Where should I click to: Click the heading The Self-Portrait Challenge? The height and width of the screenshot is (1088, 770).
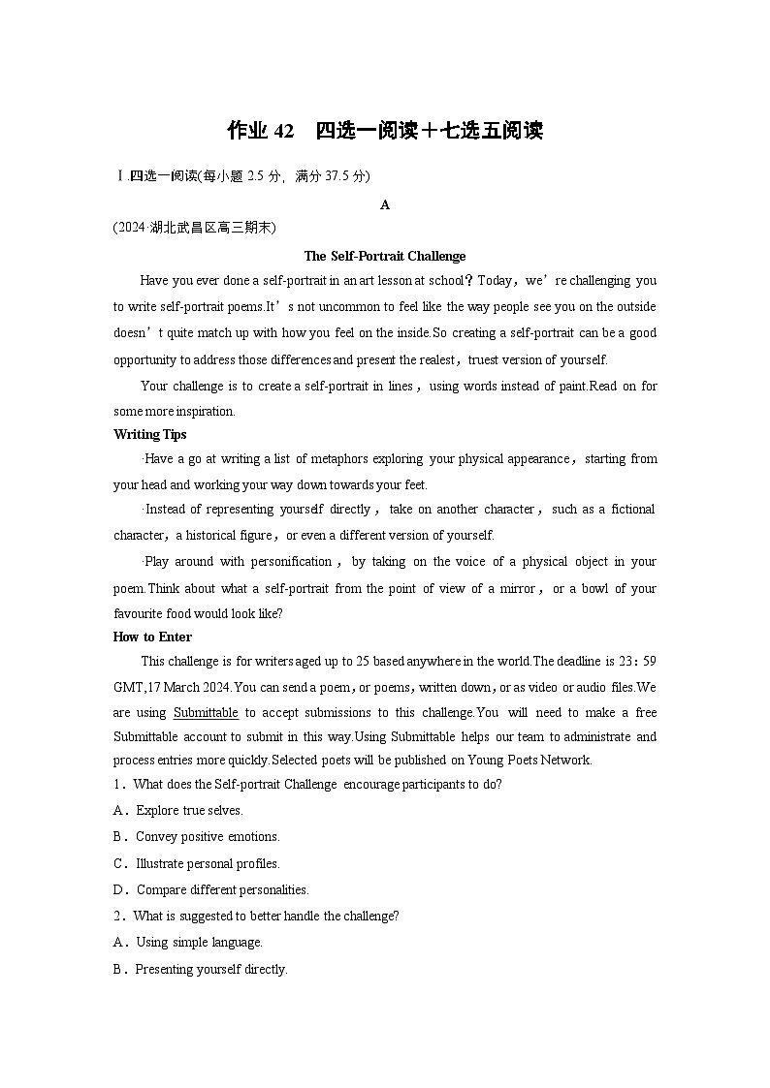click(385, 256)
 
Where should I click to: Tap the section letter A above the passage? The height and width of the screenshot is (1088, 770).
click(385, 204)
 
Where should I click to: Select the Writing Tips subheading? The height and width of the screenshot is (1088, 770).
click(150, 434)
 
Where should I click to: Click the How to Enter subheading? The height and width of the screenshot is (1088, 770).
click(152, 637)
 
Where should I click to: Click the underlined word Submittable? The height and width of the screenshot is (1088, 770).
click(206, 712)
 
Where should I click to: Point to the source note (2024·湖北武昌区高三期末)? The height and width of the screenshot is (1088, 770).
click(195, 228)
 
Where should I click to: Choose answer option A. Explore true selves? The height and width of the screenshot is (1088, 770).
click(178, 810)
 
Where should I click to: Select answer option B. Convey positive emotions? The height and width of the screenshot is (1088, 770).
click(197, 836)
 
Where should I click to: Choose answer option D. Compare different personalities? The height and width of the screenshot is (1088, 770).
click(211, 889)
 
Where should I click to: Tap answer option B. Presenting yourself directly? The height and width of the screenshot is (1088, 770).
click(201, 969)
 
